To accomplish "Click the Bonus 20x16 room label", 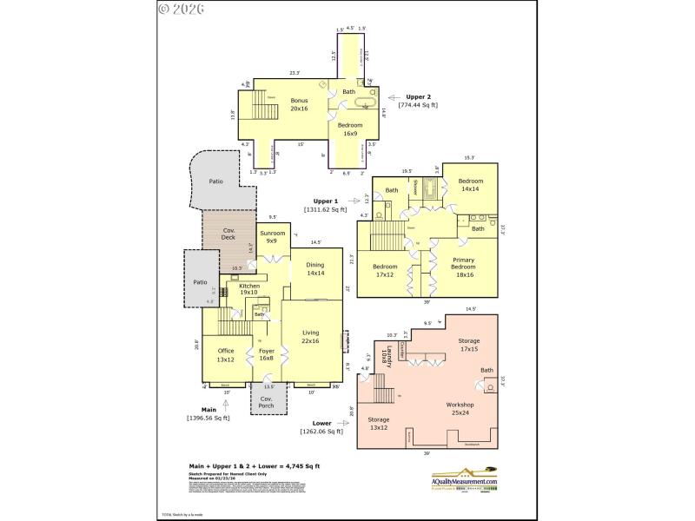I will pyautogui.click(x=299, y=105).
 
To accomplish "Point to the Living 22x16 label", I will pyautogui.click(x=311, y=337).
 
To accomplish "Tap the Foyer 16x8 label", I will pyautogui.click(x=267, y=355).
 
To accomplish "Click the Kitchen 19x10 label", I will pyautogui.click(x=249, y=289).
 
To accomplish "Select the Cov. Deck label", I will pyautogui.click(x=229, y=234).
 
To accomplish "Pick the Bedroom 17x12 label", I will pyautogui.click(x=385, y=271).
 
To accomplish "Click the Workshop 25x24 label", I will pyautogui.click(x=460, y=409).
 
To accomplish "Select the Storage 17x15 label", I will pyautogui.click(x=469, y=346).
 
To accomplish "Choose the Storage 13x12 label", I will pyautogui.click(x=378, y=425).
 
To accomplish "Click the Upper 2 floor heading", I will pyautogui.click(x=418, y=97).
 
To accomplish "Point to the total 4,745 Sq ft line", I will pyautogui.click(x=255, y=466).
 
